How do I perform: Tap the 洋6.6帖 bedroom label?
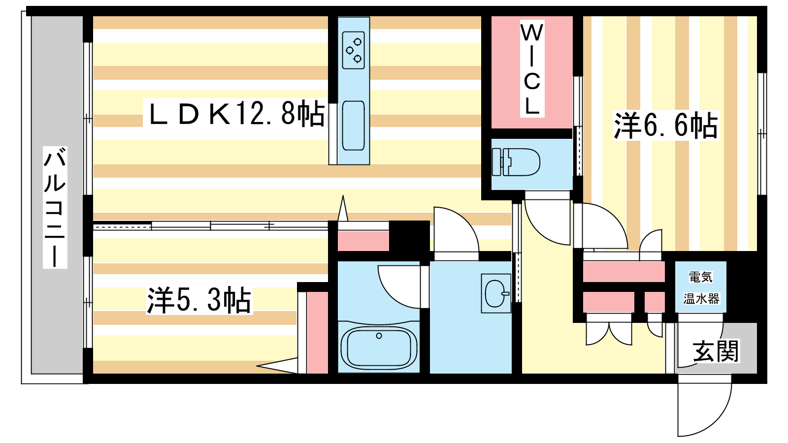tap(665, 126)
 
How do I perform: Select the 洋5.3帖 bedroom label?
tap(199, 300)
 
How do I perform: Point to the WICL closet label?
tap(532, 69)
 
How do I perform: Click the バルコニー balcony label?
tap(55, 207)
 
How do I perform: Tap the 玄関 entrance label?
tap(716, 351)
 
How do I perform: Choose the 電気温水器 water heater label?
tap(701, 287)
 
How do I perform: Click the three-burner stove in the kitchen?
tap(353, 50)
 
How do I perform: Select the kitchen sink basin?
tap(353, 126)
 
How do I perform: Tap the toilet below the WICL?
tap(516, 162)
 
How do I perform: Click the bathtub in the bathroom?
tap(379, 347)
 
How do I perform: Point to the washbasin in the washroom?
tap(496, 293)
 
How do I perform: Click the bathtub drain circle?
tap(379, 336)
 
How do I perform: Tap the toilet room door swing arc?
tap(547, 218)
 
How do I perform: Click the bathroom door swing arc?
tap(399, 286)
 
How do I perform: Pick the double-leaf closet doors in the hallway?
tap(609, 329)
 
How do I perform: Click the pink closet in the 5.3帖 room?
tap(318, 333)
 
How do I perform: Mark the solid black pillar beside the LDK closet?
tap(409, 236)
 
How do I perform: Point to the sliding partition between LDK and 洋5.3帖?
tap(210, 225)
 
